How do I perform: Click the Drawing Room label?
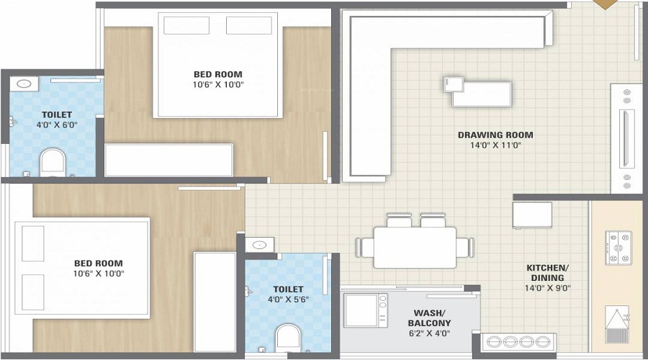(495, 135)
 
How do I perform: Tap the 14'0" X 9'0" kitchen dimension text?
(548, 288)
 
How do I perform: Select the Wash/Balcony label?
(429, 318)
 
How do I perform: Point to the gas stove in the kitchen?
(618, 248)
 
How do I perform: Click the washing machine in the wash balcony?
(366, 310)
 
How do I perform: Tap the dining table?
(415, 247)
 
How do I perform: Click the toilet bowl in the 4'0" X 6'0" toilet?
(53, 163)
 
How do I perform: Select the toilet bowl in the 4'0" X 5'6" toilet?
(288, 338)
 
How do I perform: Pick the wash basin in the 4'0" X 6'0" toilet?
(24, 84)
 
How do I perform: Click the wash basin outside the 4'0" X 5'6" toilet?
(259, 245)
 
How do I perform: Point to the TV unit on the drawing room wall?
(626, 138)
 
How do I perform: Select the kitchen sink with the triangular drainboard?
(618, 325)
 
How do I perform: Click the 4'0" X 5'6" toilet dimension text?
(288, 300)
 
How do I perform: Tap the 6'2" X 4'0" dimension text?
(429, 333)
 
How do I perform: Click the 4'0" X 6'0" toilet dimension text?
(57, 125)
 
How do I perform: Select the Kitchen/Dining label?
(548, 273)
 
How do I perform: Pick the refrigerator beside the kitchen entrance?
(532, 215)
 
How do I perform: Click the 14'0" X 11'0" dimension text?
(495, 145)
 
